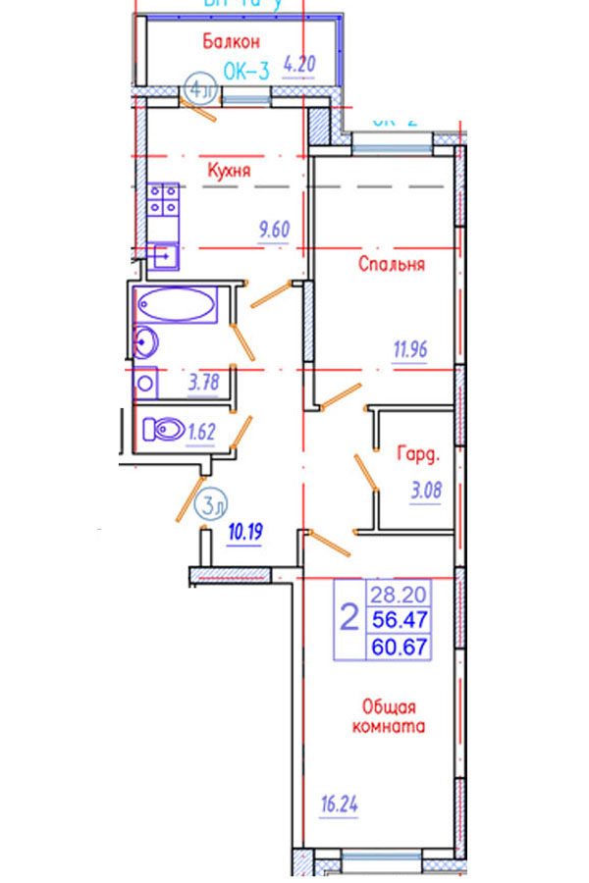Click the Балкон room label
pyautogui.click(x=232, y=41)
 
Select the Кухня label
pyautogui.click(x=229, y=170)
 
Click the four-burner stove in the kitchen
pyautogui.click(x=163, y=199)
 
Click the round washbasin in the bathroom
pyautogui.click(x=146, y=342)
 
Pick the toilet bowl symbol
pyautogui.click(x=162, y=430)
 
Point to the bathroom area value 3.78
pyautogui.click(x=202, y=384)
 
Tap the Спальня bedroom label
pyautogui.click(x=392, y=264)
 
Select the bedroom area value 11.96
pyautogui.click(x=410, y=348)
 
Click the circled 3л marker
pyautogui.click(x=212, y=506)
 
